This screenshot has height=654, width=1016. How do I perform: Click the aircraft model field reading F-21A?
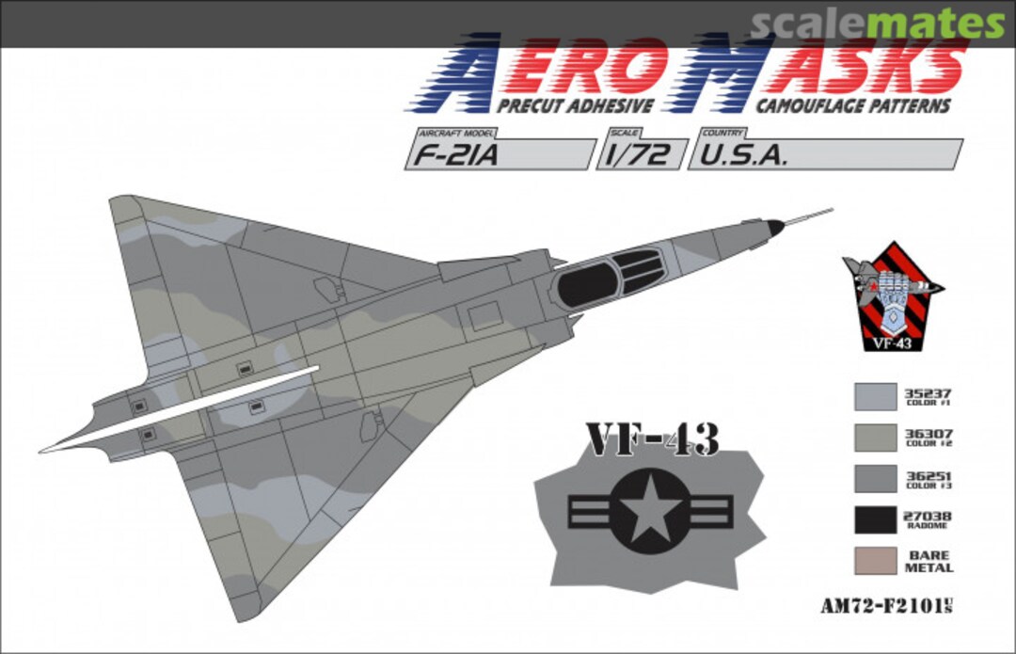click(499, 153)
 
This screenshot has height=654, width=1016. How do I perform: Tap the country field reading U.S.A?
click(824, 153)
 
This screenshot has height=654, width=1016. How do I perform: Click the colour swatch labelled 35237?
click(875, 396)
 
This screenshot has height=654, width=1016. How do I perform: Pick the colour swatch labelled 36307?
click(875, 439)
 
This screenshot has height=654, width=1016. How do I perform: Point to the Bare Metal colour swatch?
click(875, 561)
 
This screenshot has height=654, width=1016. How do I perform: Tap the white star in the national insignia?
click(649, 512)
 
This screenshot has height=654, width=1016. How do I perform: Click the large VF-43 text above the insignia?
click(652, 439)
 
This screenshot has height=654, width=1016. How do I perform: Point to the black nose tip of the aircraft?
click(773, 227)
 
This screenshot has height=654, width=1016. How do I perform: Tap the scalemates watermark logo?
click(876, 24)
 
